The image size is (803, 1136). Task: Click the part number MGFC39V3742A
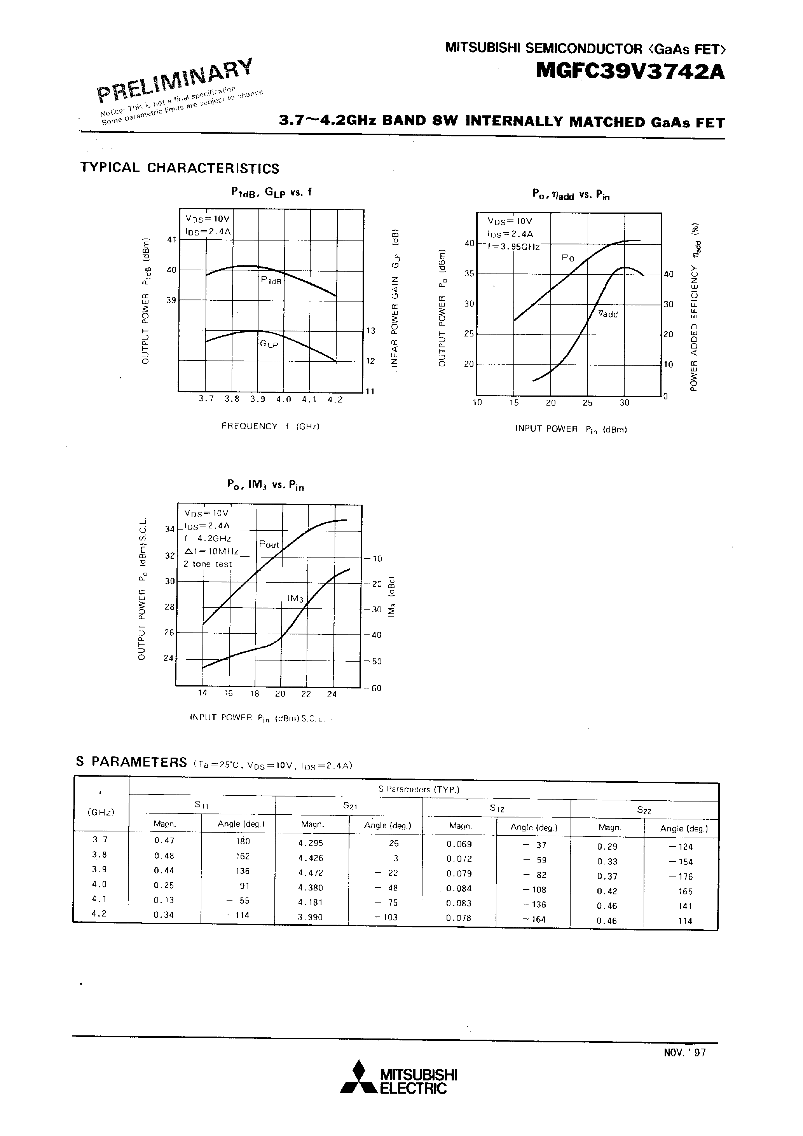[x=630, y=72]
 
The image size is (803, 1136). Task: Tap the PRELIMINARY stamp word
[x=175, y=79]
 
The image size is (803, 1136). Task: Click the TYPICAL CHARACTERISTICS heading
[x=180, y=168]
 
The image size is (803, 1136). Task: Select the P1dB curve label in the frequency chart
[x=271, y=280]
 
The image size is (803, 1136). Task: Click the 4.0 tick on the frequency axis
[x=284, y=400]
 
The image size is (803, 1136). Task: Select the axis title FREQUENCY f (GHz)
[x=270, y=426]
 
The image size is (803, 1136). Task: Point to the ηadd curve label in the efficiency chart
[x=608, y=314]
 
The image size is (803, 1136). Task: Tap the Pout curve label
[x=269, y=545]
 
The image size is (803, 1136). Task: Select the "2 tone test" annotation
[x=208, y=564]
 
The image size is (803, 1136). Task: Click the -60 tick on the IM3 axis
[x=376, y=688]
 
